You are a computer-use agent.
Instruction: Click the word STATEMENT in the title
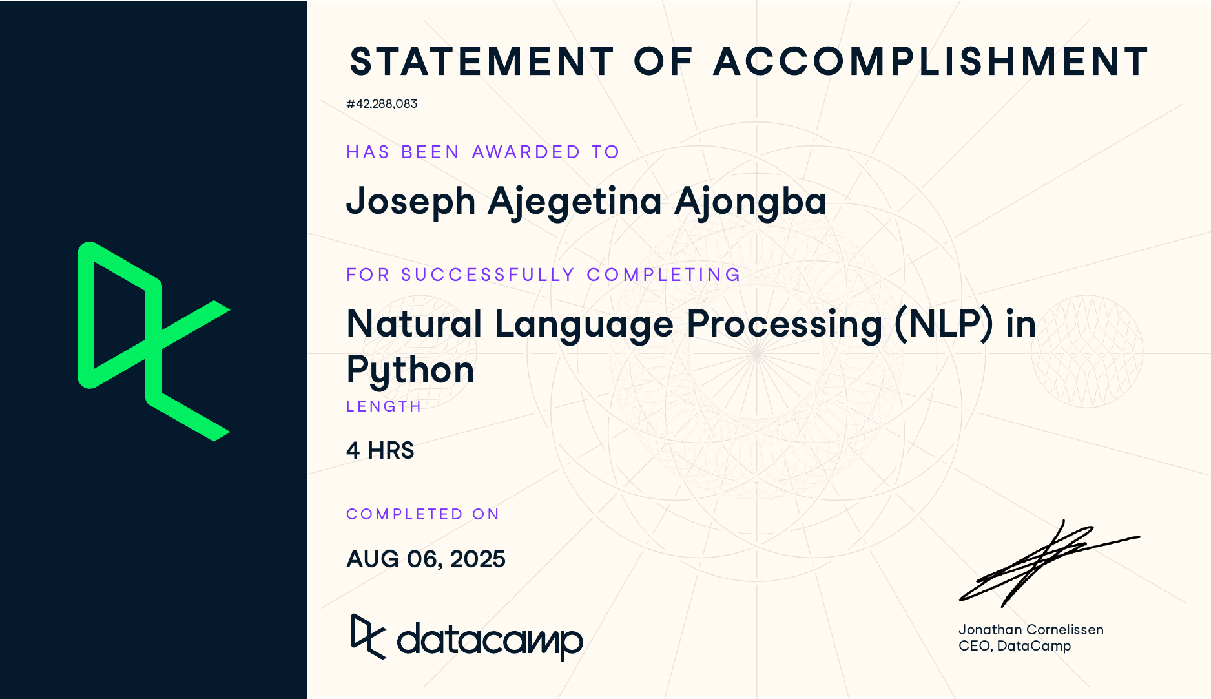click(481, 62)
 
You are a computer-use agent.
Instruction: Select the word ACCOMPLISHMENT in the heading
click(930, 62)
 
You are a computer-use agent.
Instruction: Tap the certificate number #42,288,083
click(382, 104)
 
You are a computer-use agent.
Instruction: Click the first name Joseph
click(411, 202)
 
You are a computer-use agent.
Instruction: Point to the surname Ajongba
click(750, 202)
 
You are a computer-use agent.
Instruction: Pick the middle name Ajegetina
click(575, 202)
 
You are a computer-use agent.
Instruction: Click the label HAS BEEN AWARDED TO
click(482, 152)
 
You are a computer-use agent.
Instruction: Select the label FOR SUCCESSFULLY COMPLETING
click(543, 275)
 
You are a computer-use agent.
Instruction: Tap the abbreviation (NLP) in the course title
click(944, 324)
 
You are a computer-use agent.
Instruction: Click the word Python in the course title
click(410, 371)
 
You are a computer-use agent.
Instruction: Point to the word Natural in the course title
click(414, 324)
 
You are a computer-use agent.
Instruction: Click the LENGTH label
click(384, 406)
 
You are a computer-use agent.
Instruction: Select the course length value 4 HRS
click(380, 450)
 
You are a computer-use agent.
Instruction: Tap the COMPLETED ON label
click(423, 514)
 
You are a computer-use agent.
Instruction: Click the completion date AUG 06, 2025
click(426, 559)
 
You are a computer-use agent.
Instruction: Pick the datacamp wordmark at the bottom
click(489, 640)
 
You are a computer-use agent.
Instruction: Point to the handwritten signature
click(1046, 562)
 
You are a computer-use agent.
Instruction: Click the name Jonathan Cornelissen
click(1031, 629)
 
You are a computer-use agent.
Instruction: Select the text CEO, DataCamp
click(1014, 645)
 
